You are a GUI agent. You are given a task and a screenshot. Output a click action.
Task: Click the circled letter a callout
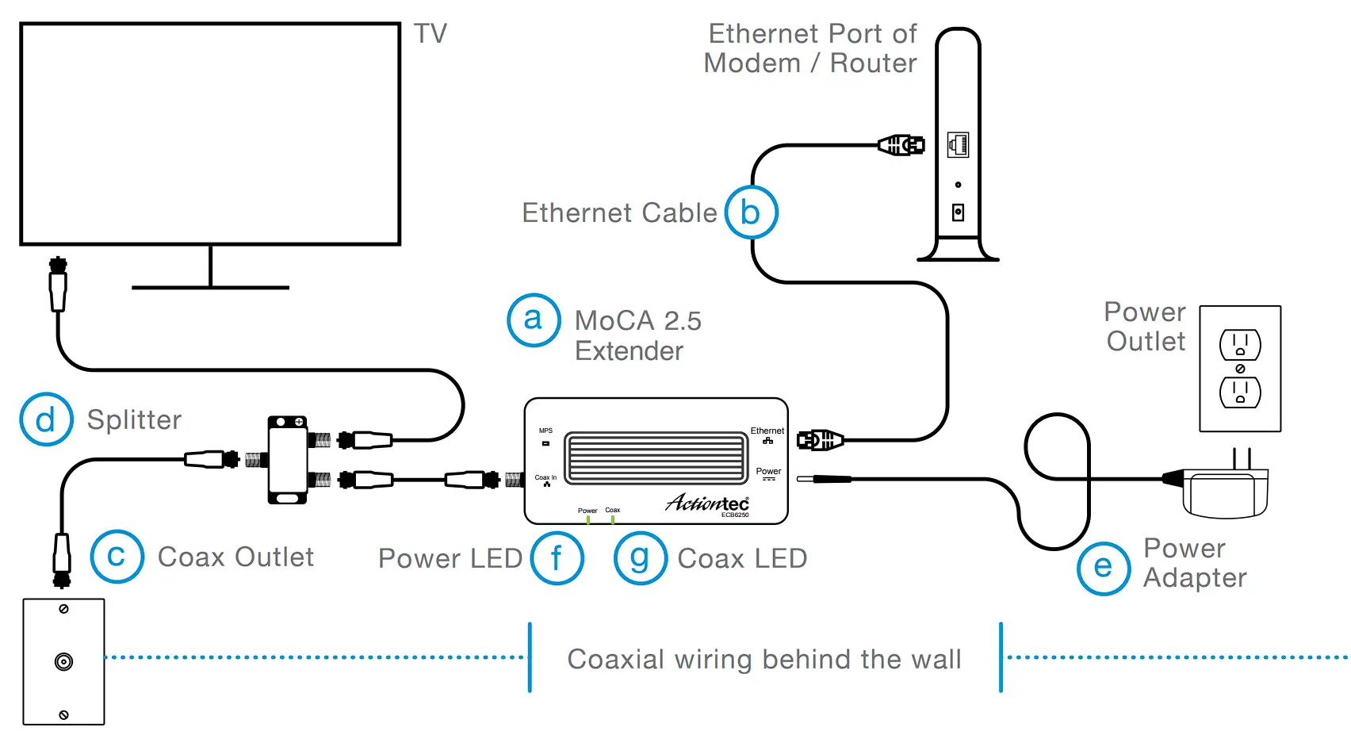534,320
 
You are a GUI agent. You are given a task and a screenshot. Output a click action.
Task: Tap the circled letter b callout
751,213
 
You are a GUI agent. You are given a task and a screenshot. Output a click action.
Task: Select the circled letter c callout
117,557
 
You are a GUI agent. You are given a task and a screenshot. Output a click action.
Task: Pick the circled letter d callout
46,419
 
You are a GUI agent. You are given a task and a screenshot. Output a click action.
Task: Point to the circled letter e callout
1103,568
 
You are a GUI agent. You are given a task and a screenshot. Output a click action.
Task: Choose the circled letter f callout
557,558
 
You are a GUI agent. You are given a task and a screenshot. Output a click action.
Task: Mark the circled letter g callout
640,558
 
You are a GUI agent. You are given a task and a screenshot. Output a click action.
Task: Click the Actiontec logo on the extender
707,503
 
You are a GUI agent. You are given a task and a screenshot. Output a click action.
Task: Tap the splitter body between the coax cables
287,460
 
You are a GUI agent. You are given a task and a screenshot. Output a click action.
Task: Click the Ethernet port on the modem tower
958,144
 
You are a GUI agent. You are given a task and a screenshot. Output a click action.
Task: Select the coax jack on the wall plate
63,661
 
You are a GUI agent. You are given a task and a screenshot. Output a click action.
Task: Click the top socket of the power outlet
1240,345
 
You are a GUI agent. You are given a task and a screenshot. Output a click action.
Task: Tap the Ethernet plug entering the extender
820,440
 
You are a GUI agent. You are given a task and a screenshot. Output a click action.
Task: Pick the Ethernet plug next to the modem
901,145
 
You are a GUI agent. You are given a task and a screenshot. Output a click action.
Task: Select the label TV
431,34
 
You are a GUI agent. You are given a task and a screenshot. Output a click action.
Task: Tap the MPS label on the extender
545,431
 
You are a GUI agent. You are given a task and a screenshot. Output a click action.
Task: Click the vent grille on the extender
655,458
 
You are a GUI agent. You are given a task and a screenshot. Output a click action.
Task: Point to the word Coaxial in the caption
615,660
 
